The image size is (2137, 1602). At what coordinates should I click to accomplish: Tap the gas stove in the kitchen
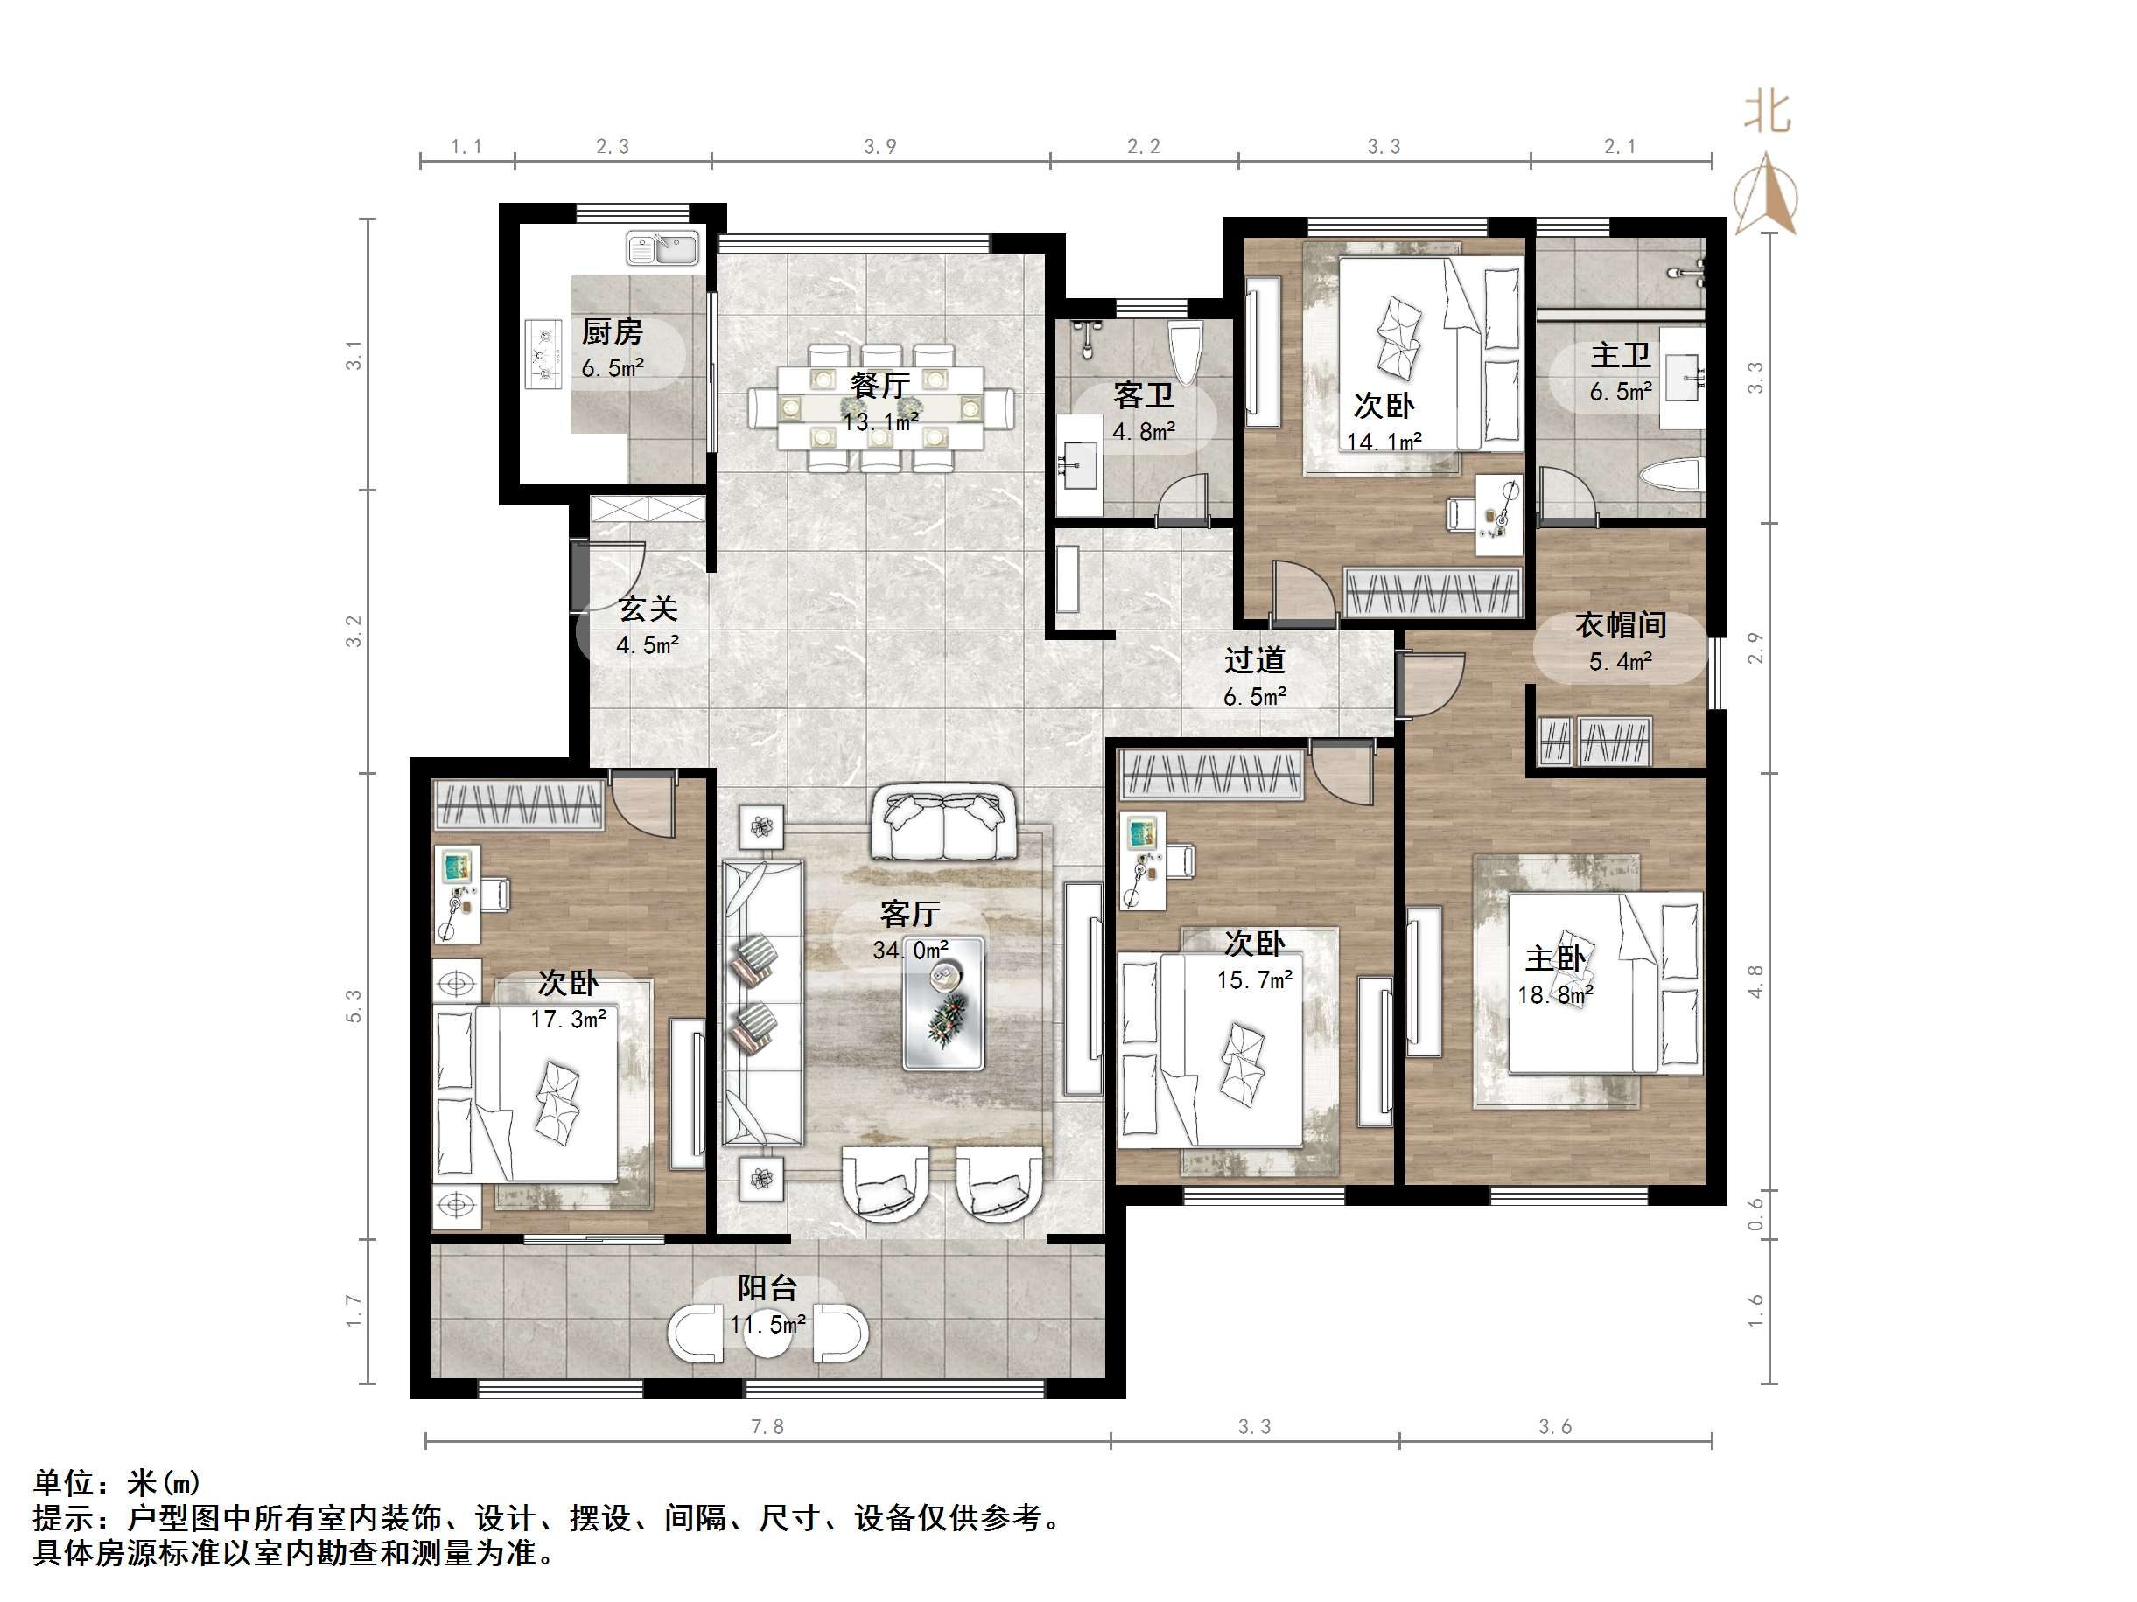[544, 354]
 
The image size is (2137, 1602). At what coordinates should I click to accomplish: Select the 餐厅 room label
[879, 387]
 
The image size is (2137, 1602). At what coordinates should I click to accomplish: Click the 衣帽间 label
[1620, 626]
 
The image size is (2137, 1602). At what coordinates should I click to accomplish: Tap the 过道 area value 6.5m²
[1254, 697]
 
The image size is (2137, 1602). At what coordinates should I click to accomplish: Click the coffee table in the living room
[942, 1004]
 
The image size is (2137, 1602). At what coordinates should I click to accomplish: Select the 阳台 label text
[767, 1287]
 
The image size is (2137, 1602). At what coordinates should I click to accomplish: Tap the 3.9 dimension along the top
[879, 147]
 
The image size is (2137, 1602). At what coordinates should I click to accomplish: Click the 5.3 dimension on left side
[354, 1006]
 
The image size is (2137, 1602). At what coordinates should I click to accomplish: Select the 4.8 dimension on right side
[1755, 981]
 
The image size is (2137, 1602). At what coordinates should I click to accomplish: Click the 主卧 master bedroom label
[1554, 959]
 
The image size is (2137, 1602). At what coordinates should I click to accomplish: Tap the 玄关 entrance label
[648, 609]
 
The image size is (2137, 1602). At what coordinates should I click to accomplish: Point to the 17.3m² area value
[568, 1020]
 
